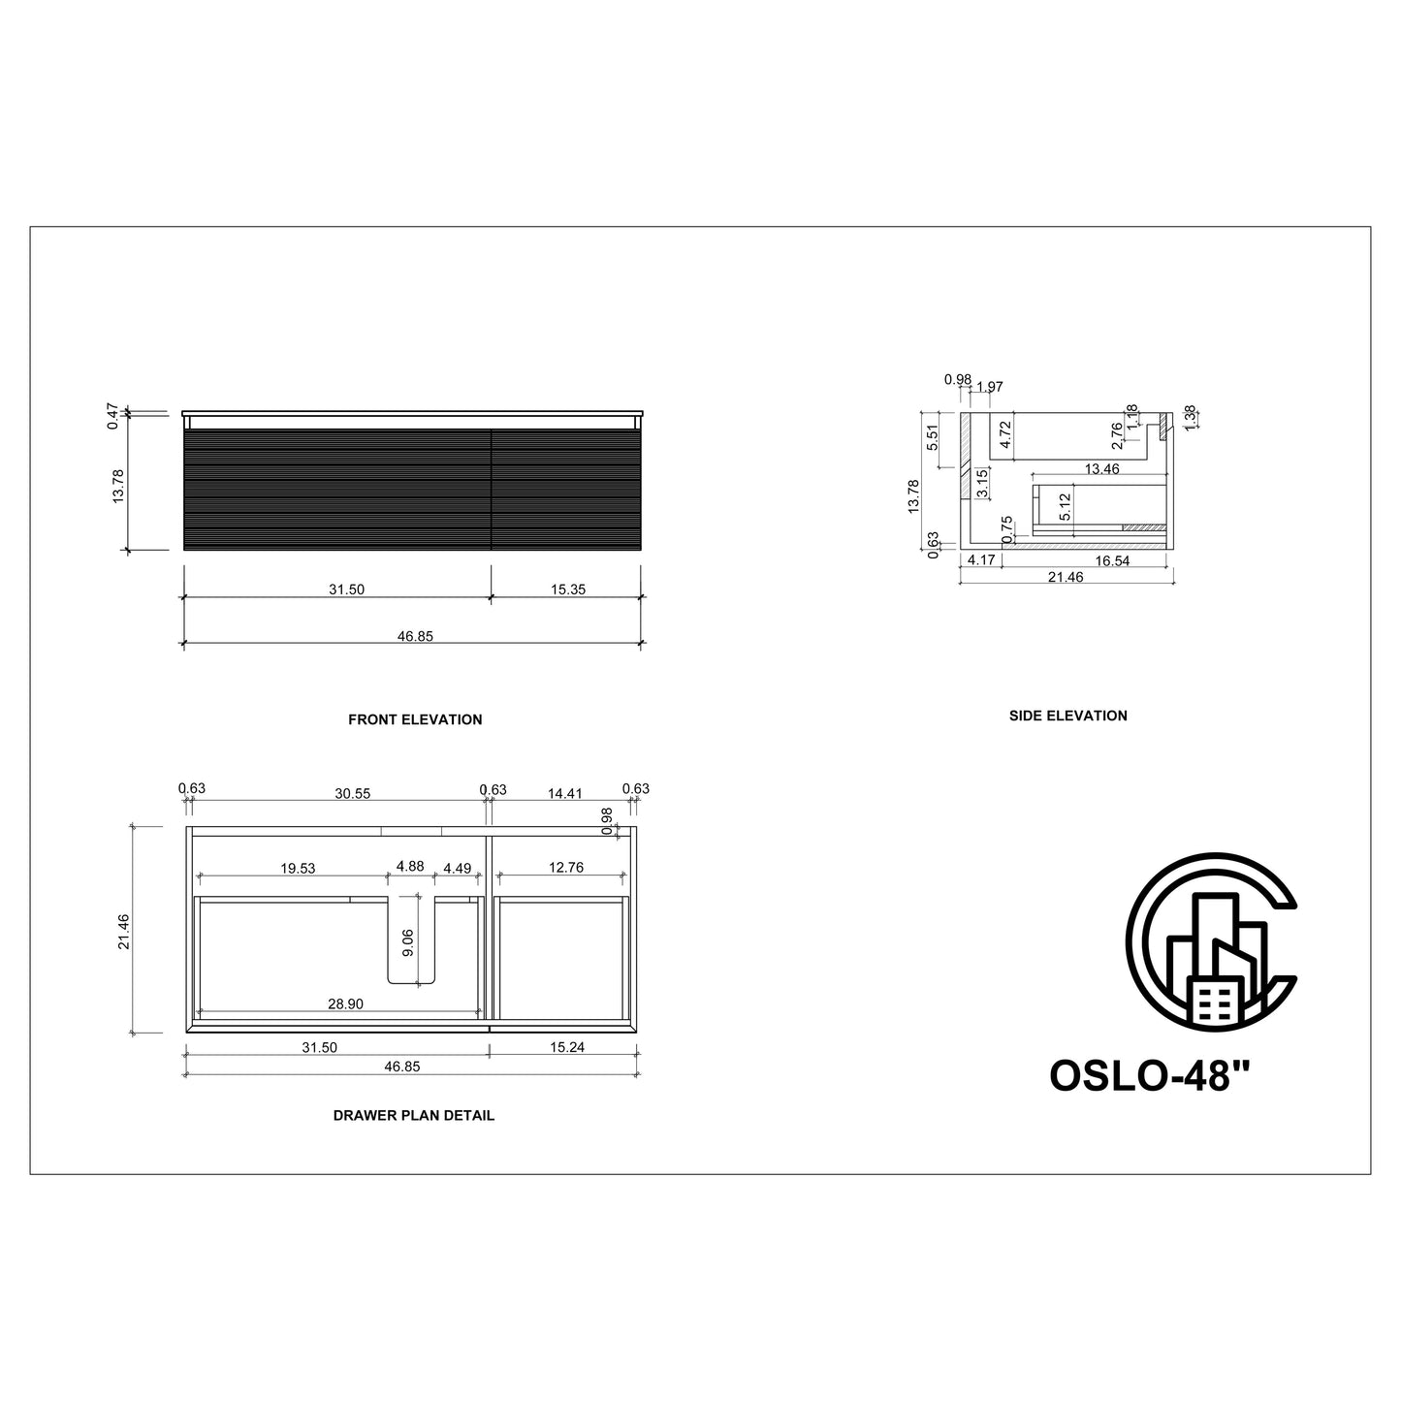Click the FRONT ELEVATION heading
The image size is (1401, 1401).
coord(414,719)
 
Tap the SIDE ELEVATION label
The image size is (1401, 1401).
coord(1067,716)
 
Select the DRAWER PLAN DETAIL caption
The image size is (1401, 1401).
coord(414,1115)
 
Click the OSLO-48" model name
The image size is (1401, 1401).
coord(1150,1075)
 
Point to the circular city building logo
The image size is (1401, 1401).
coord(1211,940)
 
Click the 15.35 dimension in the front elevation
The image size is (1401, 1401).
coord(567,589)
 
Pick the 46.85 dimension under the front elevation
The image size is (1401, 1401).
coord(414,636)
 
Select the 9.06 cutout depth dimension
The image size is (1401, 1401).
coord(408,942)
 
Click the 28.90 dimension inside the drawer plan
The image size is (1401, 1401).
coord(345,1004)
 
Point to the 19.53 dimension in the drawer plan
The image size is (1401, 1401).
coord(298,868)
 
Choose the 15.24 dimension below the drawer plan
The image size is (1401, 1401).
coord(567,1047)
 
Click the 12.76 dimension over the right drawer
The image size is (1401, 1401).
coord(565,868)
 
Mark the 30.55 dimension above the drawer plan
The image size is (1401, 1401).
coord(352,792)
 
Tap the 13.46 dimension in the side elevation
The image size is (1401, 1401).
coord(1101,469)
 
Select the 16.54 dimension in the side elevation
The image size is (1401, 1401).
coord(1112,560)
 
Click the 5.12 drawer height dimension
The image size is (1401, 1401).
coord(1066,506)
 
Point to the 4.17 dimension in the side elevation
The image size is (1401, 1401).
coord(981,560)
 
